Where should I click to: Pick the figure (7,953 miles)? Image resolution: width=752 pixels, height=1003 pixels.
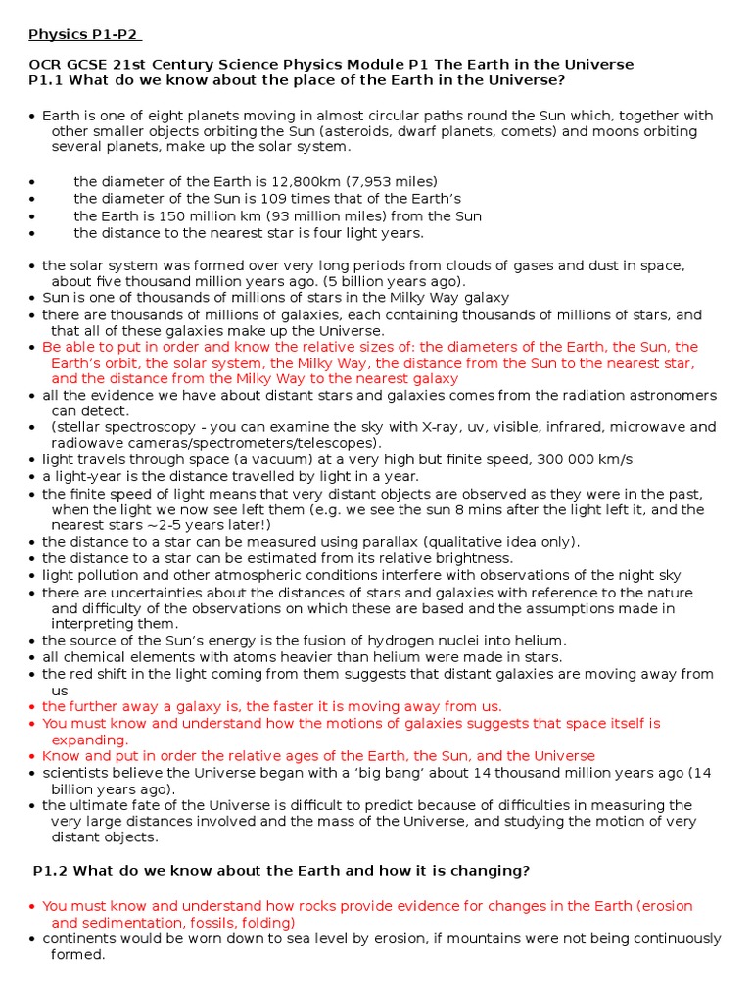383,181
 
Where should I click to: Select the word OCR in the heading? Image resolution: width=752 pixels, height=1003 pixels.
45,64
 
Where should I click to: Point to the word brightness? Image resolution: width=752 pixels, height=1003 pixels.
473,558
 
